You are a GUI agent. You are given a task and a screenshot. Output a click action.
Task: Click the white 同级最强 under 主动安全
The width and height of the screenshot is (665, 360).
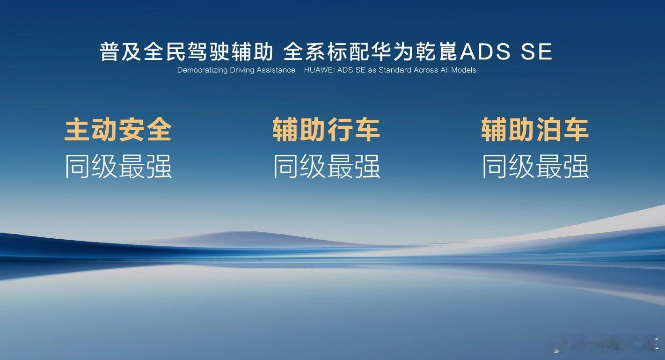pos(118,166)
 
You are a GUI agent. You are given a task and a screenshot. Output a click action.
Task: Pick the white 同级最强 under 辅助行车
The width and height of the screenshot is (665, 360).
pos(327,166)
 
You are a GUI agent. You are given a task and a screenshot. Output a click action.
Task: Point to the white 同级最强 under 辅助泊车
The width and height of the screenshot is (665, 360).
pos(535,166)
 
